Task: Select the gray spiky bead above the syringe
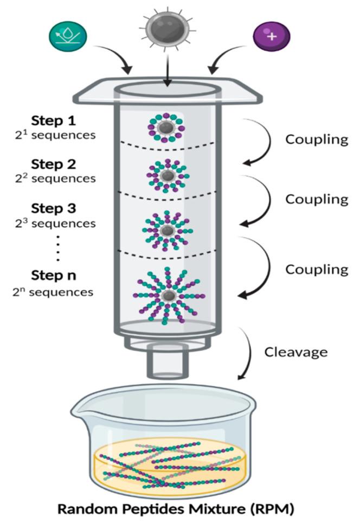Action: [x=167, y=27]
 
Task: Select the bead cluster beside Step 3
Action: [x=168, y=230]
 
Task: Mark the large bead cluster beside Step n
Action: [x=169, y=296]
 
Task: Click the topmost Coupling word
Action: [x=317, y=139]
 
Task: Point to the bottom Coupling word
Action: [x=317, y=269]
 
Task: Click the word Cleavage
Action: [x=295, y=352]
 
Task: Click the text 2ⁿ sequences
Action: [x=61, y=292]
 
